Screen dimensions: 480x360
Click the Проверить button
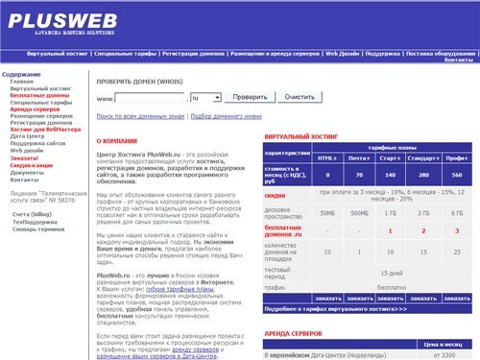tap(250, 98)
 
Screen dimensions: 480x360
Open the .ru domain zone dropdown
tap(205, 98)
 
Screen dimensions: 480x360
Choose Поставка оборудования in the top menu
tap(440, 55)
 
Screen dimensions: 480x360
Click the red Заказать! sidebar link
tap(26, 157)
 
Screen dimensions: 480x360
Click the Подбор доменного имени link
tap(227, 116)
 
